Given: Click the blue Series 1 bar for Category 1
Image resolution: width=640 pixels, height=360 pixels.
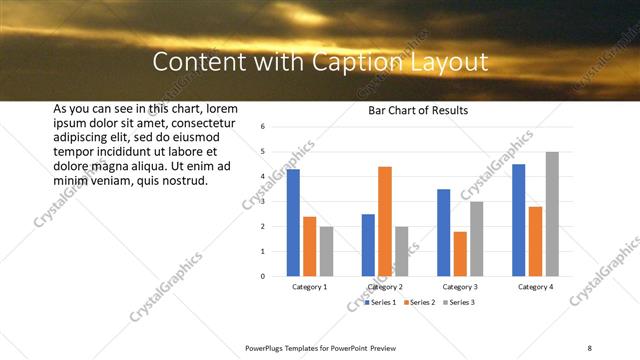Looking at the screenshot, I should pos(293,222).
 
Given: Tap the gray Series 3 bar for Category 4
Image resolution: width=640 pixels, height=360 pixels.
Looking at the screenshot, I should pos(552,213).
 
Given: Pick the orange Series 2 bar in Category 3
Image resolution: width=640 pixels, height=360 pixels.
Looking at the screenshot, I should pos(460,253).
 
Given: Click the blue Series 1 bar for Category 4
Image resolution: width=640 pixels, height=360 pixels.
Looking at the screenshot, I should pos(518,219).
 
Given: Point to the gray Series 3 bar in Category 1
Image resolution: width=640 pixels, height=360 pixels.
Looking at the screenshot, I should pos(327,250).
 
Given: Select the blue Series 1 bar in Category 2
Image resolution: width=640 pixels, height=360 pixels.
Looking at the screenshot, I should pos(368,244).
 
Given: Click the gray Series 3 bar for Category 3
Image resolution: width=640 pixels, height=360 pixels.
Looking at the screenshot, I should pos(477,238).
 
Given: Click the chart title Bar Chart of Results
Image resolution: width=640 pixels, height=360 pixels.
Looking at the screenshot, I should pos(411,110).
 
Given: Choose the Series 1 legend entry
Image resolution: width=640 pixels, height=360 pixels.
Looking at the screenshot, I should pos(381,301).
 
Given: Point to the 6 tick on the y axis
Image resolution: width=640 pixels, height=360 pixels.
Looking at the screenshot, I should pos(261,127).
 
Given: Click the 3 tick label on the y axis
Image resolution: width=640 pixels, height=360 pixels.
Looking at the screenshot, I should pos(261,201).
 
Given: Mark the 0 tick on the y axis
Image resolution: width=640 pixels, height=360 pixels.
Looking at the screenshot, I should pos(261,276).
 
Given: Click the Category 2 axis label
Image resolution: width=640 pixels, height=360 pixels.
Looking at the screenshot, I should pos(385,287).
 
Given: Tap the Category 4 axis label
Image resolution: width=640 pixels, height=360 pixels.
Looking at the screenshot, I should pos(535,287).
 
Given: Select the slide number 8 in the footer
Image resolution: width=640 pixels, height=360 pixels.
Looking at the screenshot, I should pos(590,347).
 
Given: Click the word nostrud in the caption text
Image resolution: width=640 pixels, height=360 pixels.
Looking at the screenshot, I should pos(184,181).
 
